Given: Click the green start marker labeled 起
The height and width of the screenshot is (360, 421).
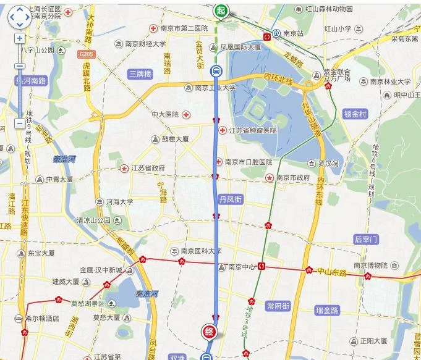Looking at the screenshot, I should point(221,10).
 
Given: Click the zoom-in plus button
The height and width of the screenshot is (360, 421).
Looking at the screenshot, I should point(19,38).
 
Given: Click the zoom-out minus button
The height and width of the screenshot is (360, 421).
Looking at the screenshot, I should point(19,123).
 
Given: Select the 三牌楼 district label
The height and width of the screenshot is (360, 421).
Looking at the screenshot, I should point(140,73).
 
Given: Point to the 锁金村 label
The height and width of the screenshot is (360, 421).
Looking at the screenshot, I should point(355,114).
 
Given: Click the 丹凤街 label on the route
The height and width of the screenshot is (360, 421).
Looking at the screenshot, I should point(231,199).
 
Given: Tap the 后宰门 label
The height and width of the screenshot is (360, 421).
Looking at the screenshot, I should point(366,239).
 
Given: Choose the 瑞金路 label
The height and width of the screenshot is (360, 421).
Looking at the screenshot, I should point(328,310).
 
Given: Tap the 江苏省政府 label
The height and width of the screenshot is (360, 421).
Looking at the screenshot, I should point(148,168).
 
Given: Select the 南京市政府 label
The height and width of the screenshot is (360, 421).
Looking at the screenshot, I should point(293,178).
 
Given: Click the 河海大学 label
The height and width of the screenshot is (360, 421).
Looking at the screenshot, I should point(119,201).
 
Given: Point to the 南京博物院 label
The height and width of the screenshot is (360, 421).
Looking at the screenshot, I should point(370,266).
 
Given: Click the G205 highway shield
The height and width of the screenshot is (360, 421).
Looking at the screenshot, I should point(86,54).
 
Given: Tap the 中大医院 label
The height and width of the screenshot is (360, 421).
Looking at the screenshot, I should point(165,114).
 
